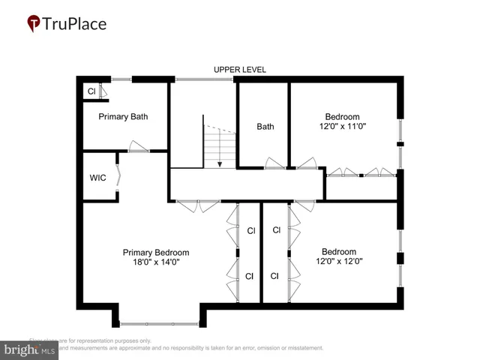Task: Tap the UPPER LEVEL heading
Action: click(240, 70)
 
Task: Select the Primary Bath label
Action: click(124, 116)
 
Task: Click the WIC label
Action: click(97, 178)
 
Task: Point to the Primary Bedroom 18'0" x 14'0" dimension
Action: click(156, 262)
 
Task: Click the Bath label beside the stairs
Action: click(265, 127)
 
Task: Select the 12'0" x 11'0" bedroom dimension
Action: click(342, 127)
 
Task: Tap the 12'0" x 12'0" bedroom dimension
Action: click(339, 262)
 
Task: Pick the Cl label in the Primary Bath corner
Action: click(91, 91)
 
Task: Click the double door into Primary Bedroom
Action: click(198, 205)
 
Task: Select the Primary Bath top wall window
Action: click(122, 78)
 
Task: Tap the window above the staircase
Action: click(204, 78)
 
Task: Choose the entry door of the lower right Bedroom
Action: click(304, 205)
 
